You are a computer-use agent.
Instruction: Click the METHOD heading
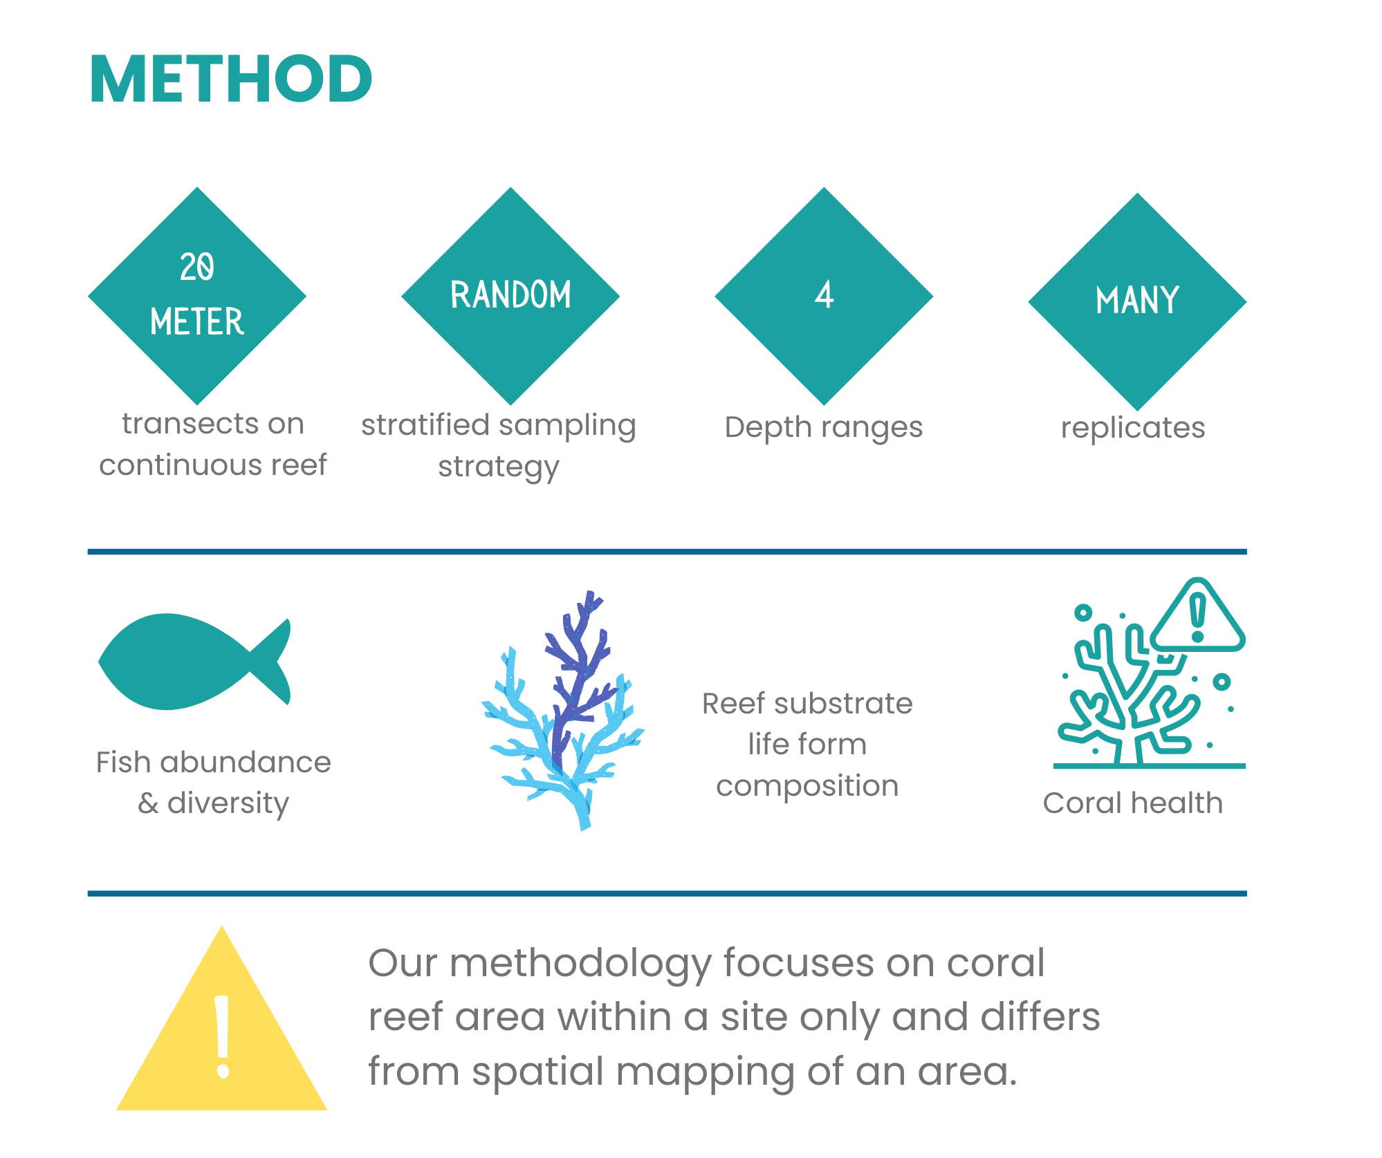click(231, 80)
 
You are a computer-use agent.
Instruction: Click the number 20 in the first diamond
click(197, 267)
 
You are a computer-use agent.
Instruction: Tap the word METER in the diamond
click(197, 321)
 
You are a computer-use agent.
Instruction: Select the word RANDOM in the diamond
click(510, 295)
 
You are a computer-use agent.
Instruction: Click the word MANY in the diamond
click(1137, 301)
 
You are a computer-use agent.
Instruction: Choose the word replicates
click(1133, 428)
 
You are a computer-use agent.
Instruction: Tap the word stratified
click(425, 424)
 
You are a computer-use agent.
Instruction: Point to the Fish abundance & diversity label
click(213, 783)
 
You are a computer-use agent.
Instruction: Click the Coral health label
click(1133, 803)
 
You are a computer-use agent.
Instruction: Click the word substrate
click(853, 704)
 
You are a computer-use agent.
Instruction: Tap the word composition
click(807, 787)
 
